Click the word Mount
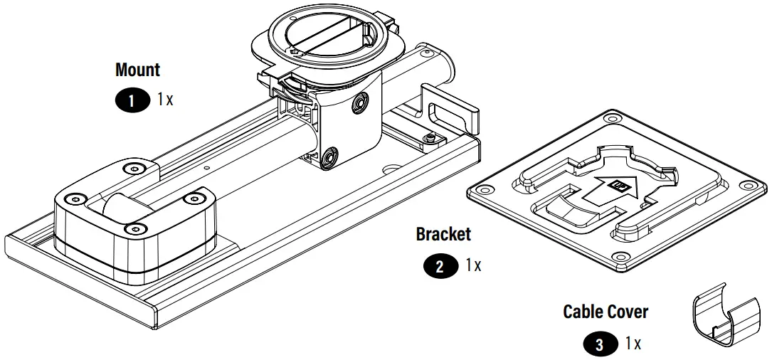(x=137, y=70)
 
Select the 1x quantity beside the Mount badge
(x=165, y=100)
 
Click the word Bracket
(x=443, y=233)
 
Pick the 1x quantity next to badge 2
(x=473, y=265)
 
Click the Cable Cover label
(x=606, y=312)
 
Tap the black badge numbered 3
(x=601, y=345)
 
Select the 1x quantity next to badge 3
(x=633, y=344)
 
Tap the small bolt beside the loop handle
(x=430, y=136)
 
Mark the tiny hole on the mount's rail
(x=206, y=168)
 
